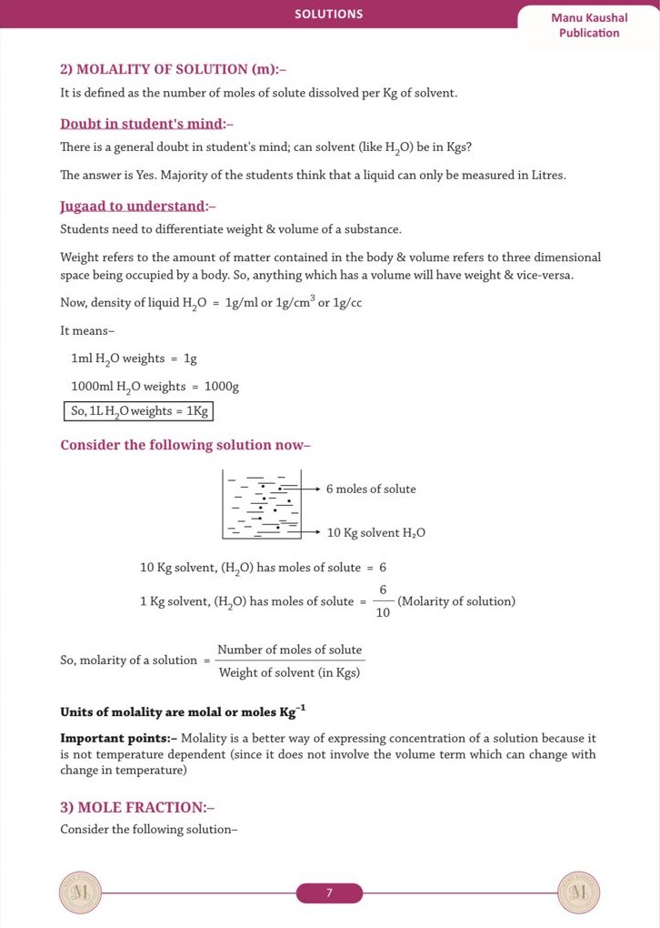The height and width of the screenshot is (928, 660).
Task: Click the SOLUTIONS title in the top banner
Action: click(328, 14)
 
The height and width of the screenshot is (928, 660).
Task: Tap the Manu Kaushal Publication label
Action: click(589, 25)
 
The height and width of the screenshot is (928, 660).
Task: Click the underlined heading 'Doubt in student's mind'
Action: click(147, 123)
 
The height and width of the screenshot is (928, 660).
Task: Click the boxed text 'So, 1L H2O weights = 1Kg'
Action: click(140, 411)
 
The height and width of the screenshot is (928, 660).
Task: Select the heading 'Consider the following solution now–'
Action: click(185, 445)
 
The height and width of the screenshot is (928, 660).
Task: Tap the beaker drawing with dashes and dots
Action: click(263, 503)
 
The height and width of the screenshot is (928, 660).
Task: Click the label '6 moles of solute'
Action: click(371, 489)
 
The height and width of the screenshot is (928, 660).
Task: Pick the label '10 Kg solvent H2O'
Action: click(376, 532)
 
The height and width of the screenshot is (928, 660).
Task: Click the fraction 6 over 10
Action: click(383, 601)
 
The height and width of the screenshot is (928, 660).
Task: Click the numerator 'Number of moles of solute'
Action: click(289, 650)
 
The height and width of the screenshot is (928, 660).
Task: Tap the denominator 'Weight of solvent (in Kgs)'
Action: click(289, 672)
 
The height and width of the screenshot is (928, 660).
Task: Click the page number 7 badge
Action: click(329, 893)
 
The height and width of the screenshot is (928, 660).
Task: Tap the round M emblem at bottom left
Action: click(80, 893)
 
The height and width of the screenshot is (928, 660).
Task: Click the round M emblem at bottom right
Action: click(578, 893)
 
